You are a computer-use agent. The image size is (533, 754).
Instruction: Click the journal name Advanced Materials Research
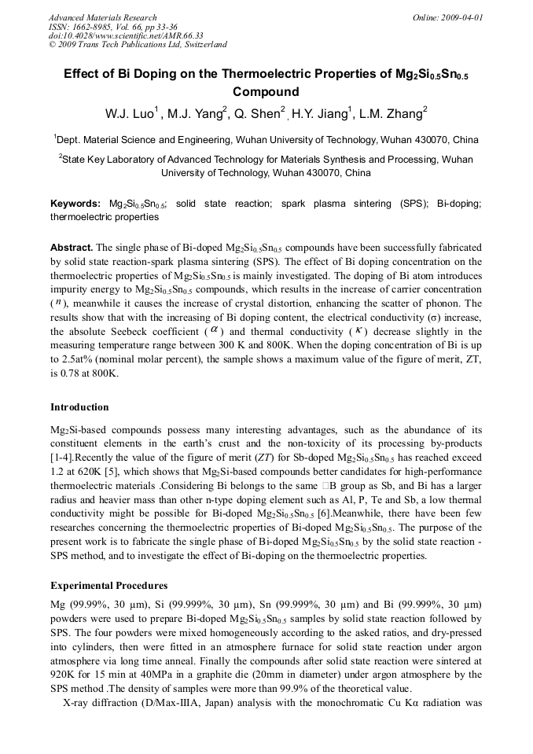coord(102,17)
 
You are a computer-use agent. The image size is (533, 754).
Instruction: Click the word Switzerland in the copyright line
coord(200,45)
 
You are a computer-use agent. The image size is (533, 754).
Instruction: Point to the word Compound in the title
coord(266,92)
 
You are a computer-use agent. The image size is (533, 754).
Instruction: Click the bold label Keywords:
coord(75,203)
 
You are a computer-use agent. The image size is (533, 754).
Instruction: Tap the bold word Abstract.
coord(72,246)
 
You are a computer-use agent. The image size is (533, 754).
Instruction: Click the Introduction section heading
coord(79,407)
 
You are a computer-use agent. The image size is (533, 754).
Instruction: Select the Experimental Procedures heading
coord(108,586)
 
